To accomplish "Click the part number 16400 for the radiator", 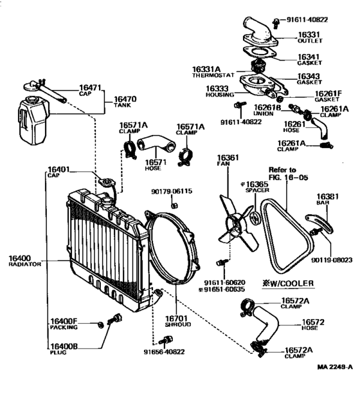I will tap(19, 258).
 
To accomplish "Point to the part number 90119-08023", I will tap(333, 261).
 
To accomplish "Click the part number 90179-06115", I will tap(172, 191).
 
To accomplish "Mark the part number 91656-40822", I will tap(163, 352).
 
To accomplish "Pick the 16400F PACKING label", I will tap(63, 323).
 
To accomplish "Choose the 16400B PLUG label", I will tap(63, 348).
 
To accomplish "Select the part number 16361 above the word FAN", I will tap(228, 158).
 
